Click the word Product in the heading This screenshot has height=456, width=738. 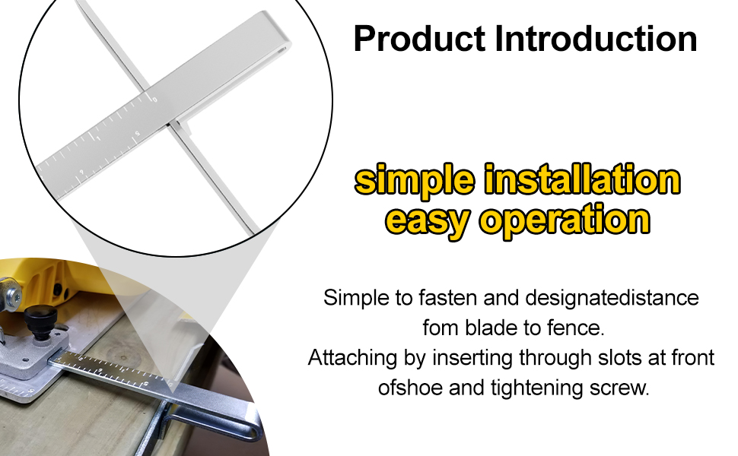click(x=419, y=39)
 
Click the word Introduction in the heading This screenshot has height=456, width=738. click(x=596, y=39)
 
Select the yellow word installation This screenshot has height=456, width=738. click(x=583, y=179)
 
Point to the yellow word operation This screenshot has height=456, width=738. click(x=565, y=220)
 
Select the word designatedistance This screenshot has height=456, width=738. click(x=612, y=298)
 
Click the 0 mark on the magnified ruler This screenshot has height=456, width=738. click(x=154, y=100)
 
